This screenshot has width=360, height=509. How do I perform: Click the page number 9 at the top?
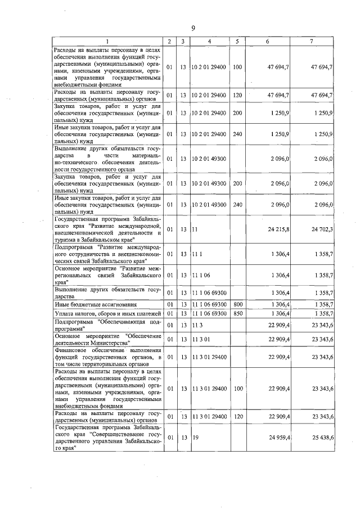tap(193, 28)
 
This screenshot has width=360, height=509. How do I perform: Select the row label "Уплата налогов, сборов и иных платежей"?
tap(107, 313)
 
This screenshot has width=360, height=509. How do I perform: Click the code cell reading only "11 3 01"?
tap(201, 339)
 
